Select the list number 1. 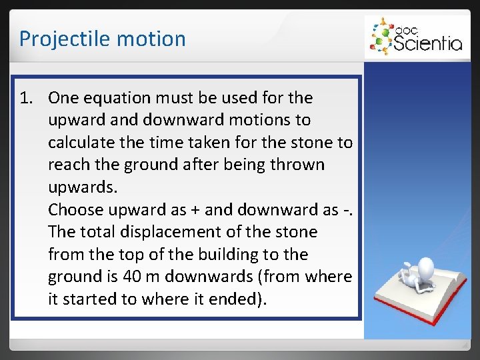click(x=26, y=98)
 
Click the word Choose click(x=74, y=210)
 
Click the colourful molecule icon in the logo click(x=381, y=37)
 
